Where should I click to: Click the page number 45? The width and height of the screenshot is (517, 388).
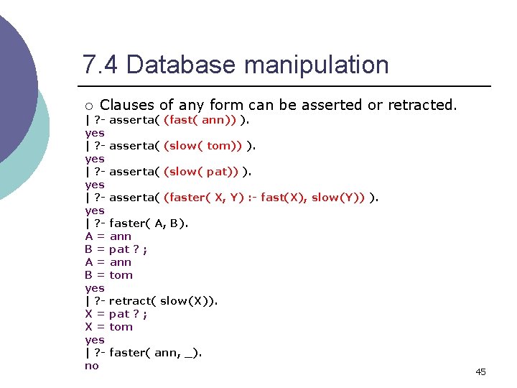click(480, 371)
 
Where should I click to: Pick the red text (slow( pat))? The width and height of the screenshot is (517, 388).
click(202, 172)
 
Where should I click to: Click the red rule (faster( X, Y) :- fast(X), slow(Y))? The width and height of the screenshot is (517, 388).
click(264, 198)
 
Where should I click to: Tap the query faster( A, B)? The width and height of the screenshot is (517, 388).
click(149, 223)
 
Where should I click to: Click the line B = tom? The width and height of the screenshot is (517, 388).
click(109, 275)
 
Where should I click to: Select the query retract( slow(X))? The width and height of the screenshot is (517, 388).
click(163, 301)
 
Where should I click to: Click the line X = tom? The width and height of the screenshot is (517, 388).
click(109, 327)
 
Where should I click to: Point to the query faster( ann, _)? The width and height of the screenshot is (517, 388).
click(155, 353)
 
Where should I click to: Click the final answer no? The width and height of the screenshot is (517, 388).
click(92, 366)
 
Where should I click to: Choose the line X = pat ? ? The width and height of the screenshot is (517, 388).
click(116, 314)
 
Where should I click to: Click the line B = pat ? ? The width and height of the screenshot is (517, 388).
click(116, 249)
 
